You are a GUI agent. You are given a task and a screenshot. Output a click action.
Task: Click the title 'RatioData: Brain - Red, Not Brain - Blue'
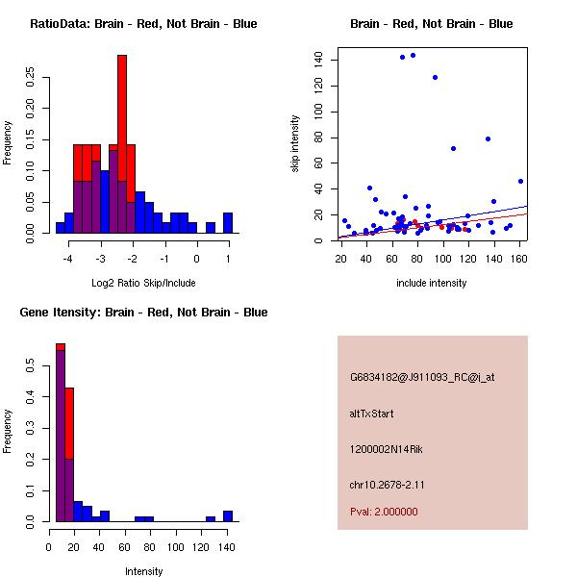(143, 24)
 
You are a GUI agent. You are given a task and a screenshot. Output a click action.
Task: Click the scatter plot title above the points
(432, 24)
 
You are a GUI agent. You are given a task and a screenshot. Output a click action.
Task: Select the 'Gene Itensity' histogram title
(143, 313)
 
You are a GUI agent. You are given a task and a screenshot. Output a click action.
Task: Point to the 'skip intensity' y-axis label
(296, 144)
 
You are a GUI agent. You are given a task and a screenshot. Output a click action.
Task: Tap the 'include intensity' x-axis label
(432, 283)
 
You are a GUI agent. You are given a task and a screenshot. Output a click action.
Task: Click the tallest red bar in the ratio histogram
(122, 96)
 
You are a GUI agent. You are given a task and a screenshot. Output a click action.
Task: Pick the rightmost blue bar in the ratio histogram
(228, 222)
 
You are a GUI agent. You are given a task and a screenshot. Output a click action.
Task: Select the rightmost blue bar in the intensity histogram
(228, 516)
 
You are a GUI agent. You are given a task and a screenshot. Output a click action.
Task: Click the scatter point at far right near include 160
(520, 181)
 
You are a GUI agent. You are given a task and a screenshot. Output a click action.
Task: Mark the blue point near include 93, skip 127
(435, 77)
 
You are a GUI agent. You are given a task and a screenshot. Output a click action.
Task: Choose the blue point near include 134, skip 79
(488, 138)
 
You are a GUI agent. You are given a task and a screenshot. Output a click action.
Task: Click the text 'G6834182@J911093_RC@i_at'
(422, 378)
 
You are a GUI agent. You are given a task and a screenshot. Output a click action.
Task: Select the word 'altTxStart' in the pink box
(371, 414)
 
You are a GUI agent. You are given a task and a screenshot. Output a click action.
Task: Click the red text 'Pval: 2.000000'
(384, 512)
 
